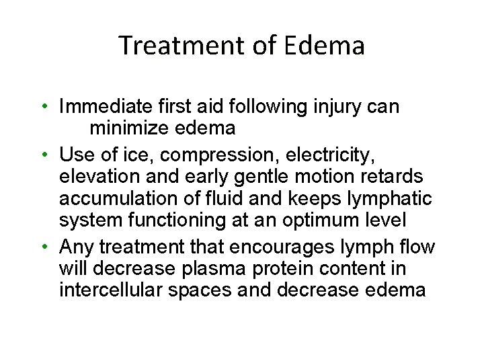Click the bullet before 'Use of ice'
[x=43, y=155]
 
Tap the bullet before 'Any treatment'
[x=43, y=247]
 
